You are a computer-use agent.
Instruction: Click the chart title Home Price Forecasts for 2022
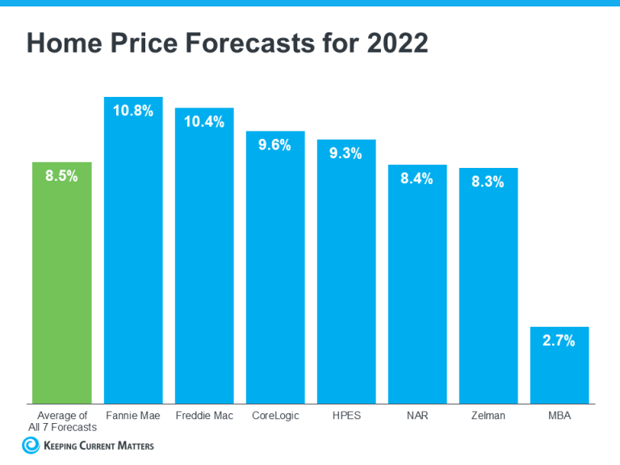227,44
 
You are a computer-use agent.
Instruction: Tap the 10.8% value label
133,111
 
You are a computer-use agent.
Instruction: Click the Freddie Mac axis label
204,415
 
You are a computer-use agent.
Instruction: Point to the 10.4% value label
204,122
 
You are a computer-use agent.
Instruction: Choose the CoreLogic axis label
275,415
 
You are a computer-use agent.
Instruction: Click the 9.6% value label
275,145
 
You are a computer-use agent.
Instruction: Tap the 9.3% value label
346,153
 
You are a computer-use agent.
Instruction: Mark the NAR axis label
417,415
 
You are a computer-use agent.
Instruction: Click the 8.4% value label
417,178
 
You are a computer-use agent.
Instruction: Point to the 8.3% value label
488,182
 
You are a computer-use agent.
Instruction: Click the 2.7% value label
559,341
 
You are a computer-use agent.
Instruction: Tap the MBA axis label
559,415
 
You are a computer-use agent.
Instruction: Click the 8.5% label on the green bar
62,176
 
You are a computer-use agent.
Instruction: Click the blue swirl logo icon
31,445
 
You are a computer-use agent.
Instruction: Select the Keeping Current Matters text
97,445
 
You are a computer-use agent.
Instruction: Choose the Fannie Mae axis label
133,415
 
